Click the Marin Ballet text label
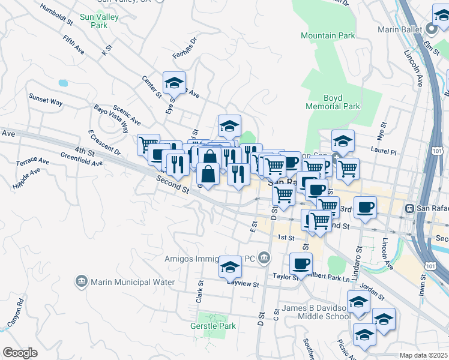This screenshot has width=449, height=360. (400, 29)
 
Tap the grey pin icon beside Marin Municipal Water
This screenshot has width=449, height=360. (81, 281)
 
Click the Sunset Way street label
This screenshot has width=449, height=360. (46, 99)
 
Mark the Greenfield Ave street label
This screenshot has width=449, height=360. (81, 158)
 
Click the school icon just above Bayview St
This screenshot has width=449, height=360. (230, 266)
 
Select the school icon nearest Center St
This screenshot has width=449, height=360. (174, 82)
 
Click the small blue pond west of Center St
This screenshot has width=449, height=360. (63, 83)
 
